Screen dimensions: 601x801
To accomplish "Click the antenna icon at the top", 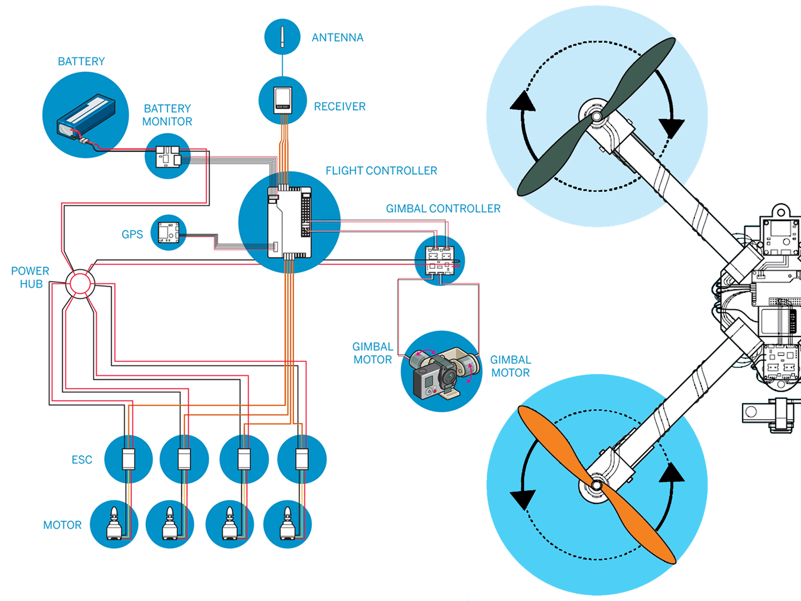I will point(282,37).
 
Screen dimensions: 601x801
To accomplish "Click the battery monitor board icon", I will point(167,157).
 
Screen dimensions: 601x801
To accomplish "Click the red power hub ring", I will point(80,283).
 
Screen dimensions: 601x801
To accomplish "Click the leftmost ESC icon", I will point(129,459).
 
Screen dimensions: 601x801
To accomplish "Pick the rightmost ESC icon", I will point(302,459).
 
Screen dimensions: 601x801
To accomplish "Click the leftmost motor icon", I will point(114,524).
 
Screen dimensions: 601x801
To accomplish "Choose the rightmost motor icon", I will point(287,524).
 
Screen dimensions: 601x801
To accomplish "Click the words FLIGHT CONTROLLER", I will point(381,171).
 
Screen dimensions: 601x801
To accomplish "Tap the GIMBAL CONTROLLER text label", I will point(443,209).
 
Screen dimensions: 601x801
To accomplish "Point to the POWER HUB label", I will point(31,277).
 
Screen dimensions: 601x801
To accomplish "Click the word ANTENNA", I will point(337,38).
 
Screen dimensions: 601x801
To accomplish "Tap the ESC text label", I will point(82,460).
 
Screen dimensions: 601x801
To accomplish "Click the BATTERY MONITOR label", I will point(167,115).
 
